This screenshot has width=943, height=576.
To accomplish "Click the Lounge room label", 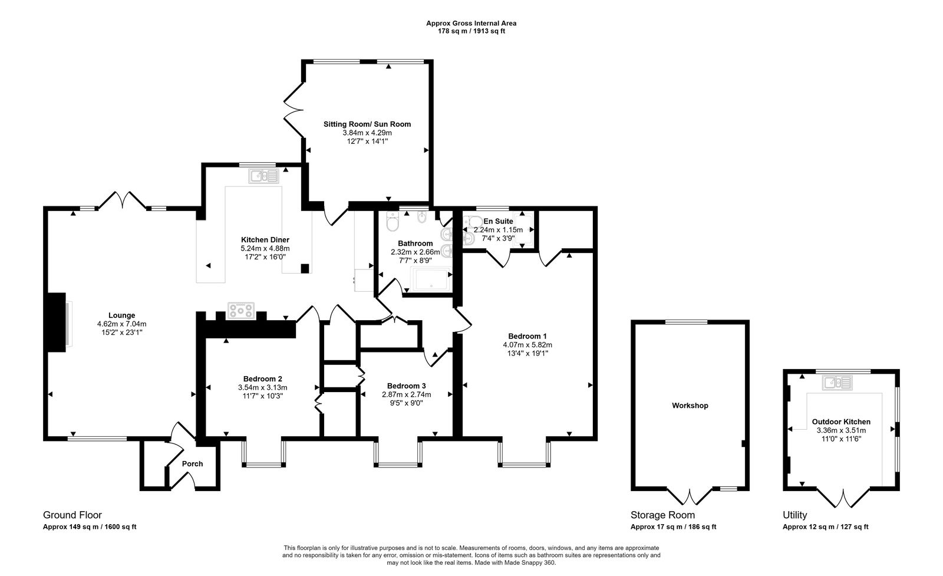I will (121, 315).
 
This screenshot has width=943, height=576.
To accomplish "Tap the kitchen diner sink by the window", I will (264, 176).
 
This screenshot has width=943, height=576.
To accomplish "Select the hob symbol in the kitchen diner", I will (242, 310).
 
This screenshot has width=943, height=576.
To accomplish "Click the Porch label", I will (192, 464).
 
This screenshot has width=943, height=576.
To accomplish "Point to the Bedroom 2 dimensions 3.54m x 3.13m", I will (262, 387).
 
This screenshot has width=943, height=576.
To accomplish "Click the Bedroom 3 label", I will (406, 386).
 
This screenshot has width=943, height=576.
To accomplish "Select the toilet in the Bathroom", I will (391, 223).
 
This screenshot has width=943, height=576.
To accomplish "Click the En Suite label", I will (498, 221).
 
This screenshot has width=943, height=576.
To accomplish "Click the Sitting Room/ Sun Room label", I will (367, 124).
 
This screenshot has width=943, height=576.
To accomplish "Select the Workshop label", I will (690, 406).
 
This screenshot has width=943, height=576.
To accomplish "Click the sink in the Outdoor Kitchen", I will (837, 383).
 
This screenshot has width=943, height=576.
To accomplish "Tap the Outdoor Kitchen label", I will (841, 422).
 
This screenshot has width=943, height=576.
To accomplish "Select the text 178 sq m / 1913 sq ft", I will (471, 31).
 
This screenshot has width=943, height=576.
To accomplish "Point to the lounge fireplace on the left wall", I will (57, 322).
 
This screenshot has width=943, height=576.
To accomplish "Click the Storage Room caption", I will (662, 515).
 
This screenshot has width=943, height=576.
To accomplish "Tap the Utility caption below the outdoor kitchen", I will (794, 515).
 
